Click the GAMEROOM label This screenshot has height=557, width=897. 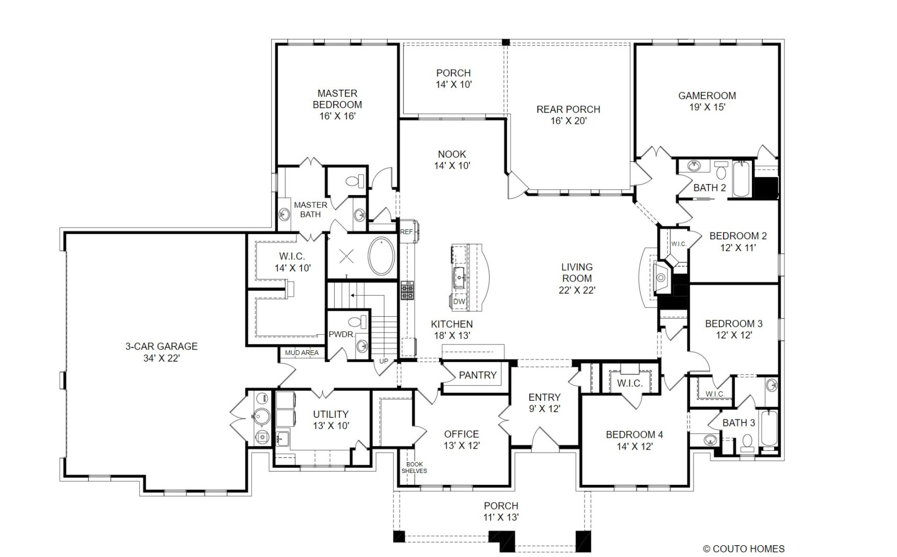pos(707,96)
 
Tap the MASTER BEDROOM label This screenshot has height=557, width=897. pos(337,99)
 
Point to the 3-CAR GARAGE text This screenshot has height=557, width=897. pos(161,347)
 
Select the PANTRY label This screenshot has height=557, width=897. pos(478,375)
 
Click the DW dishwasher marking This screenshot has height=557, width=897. pos(459,302)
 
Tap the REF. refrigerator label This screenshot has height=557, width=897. pos(407,232)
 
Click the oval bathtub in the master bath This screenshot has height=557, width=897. pos(381,256)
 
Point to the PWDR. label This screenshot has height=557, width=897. pos(341,334)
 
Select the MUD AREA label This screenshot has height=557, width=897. pos(302,353)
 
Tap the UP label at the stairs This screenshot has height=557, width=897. pos(384,362)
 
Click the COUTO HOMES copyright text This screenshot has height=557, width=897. pos(744,549)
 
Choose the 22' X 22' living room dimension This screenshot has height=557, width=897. pos(577,290)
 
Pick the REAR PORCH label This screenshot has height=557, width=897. pos(568,110)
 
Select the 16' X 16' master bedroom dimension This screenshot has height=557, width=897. pos(337,116)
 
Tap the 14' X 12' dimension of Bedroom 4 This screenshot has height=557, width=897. pos(634,447)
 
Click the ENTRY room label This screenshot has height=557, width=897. pos(544,398)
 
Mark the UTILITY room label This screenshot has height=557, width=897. pos(331,415)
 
